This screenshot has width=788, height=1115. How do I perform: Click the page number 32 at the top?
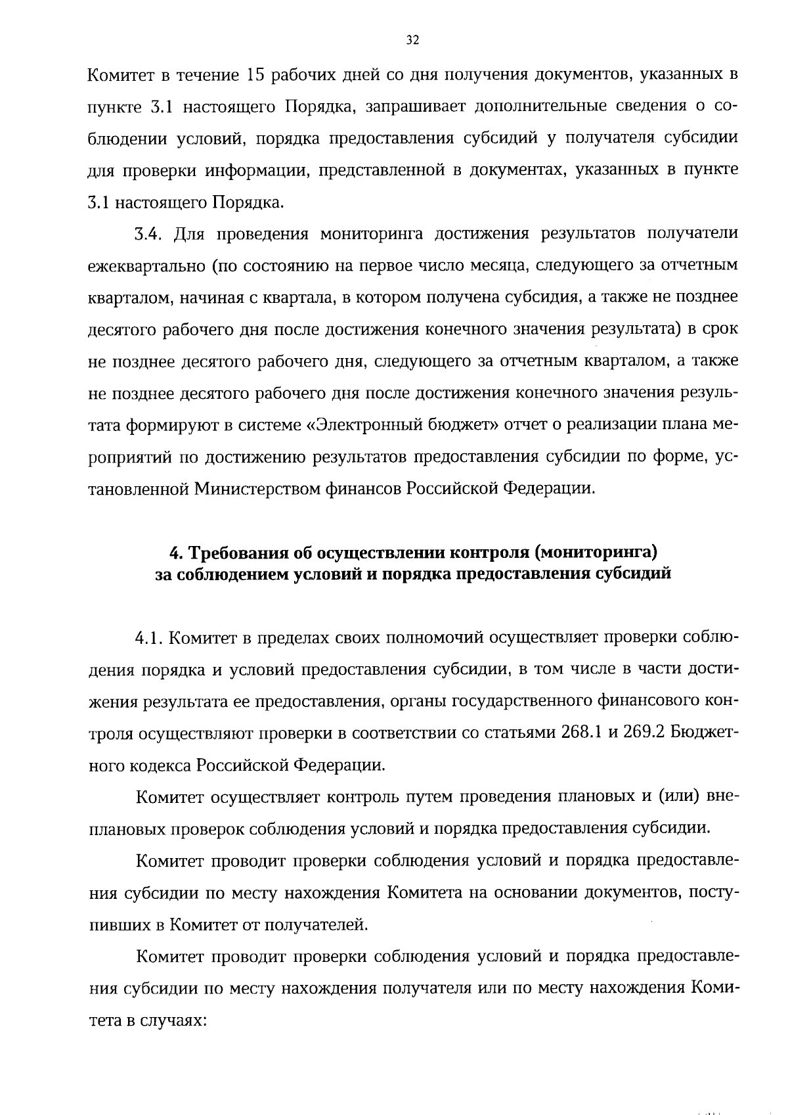(x=412, y=40)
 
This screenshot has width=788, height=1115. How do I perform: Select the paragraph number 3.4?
(x=149, y=233)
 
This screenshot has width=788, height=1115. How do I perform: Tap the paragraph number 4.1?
(x=149, y=638)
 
